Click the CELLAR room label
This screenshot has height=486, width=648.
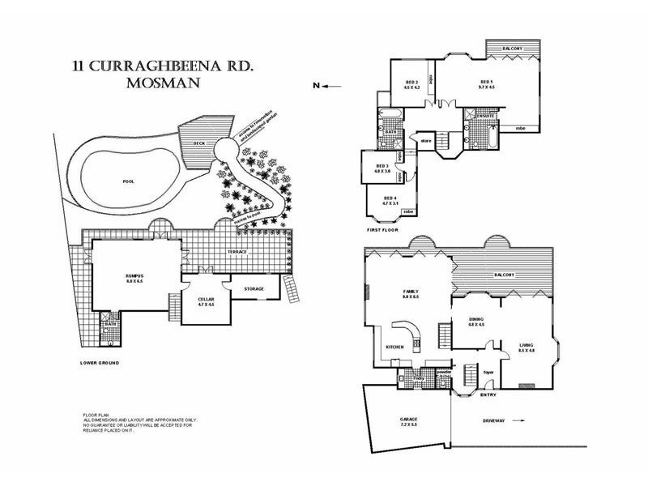pyautogui.click(x=206, y=301)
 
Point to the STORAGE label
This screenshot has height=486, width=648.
pyautogui.click(x=254, y=289)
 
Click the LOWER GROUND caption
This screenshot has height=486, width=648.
pyautogui.click(x=100, y=362)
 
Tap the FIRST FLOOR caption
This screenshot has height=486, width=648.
pyautogui.click(x=383, y=230)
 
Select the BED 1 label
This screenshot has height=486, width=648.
pyautogui.click(x=486, y=82)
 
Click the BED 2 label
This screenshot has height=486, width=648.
pyautogui.click(x=411, y=83)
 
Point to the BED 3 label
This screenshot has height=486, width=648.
pyautogui.click(x=382, y=168)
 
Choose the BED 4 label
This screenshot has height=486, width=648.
pyautogui.click(x=389, y=197)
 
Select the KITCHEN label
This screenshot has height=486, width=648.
pyautogui.click(x=394, y=347)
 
